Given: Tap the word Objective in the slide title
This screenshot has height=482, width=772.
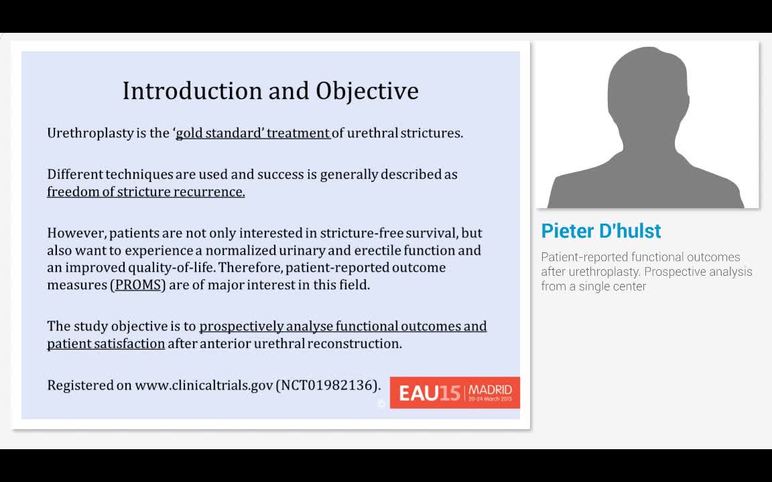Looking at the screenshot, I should click(367, 90).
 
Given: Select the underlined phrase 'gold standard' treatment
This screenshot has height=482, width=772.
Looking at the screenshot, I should click(253, 133).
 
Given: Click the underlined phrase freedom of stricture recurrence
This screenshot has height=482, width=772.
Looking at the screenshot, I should click(145, 191).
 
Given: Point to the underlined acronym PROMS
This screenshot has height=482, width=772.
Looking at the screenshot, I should click(138, 285).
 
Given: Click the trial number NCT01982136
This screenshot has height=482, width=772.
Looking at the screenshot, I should click(328, 385).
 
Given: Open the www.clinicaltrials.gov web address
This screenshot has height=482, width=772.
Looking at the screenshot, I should click(204, 385).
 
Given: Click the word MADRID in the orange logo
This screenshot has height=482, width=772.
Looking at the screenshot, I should click(490, 390).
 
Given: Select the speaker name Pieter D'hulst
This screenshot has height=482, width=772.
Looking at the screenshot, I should click(600, 231).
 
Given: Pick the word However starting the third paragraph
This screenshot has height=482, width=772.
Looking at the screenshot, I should click(76, 233).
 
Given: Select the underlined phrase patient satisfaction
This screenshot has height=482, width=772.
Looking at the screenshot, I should click(106, 343).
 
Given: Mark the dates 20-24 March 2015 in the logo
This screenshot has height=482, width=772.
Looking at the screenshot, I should click(490, 400).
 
